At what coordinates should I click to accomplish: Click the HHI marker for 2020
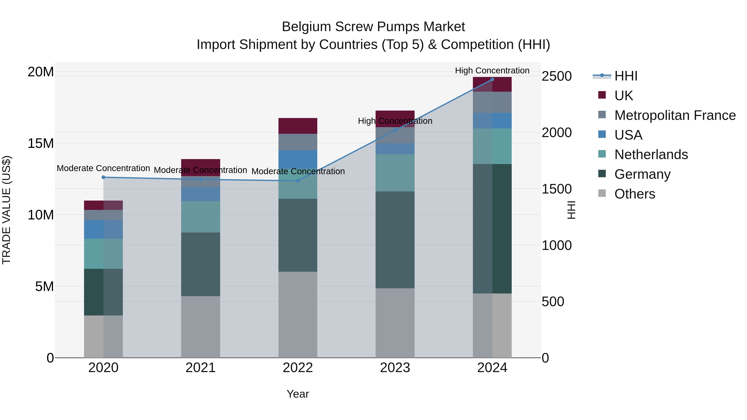(103, 177)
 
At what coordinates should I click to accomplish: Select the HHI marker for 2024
(492, 79)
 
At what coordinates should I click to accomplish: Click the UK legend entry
(624, 95)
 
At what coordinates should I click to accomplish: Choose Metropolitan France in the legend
(675, 115)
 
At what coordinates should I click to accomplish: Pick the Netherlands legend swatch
(602, 154)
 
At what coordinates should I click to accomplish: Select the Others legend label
(635, 194)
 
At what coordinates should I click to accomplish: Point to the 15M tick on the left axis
(41, 143)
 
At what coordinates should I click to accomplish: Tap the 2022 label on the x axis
(298, 368)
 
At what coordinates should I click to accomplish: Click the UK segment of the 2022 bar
(298, 126)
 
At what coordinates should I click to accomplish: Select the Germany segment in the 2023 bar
(395, 240)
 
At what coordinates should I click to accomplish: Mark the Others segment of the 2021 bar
(200, 327)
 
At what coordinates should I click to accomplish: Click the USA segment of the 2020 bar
(103, 229)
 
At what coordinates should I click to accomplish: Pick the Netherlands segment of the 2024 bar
(492, 146)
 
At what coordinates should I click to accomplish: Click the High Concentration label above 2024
(492, 71)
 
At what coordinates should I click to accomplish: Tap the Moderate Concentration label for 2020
(103, 168)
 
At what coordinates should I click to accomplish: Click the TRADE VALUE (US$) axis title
(6, 210)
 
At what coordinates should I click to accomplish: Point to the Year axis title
(298, 394)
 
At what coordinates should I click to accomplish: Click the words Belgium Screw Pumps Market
(373, 27)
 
